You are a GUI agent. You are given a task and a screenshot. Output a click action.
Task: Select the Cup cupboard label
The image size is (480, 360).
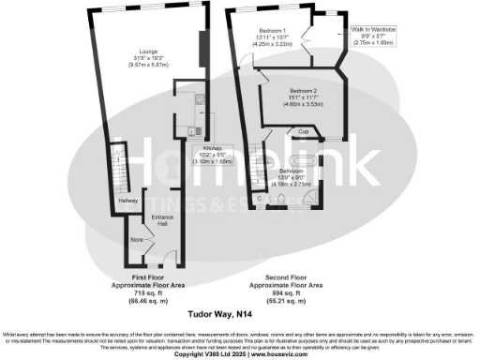(x=304, y=132)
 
